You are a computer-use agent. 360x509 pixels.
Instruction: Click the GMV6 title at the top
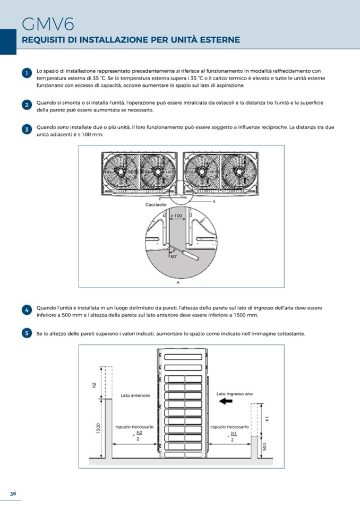click(48, 24)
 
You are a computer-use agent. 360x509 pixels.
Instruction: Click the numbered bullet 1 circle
click(27, 73)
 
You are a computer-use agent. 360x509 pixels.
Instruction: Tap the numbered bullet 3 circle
click(27, 130)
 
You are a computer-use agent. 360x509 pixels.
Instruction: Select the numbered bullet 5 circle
click(27, 333)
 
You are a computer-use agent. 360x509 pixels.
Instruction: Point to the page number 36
click(13, 494)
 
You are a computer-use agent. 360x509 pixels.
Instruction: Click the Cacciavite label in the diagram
click(156, 205)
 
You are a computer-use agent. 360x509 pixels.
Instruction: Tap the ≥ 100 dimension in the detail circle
click(177, 215)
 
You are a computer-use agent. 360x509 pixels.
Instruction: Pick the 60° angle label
click(174, 256)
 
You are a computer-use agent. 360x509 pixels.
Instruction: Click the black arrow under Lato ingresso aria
click(226, 401)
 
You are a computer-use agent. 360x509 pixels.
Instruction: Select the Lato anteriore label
click(135, 395)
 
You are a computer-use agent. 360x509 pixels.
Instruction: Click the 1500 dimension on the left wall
click(98, 428)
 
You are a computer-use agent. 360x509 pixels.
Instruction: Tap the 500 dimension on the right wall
click(264, 447)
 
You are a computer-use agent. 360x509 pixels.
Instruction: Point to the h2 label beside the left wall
click(94, 385)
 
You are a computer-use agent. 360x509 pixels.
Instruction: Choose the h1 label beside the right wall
click(267, 419)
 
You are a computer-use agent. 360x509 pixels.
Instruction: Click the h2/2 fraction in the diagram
click(139, 436)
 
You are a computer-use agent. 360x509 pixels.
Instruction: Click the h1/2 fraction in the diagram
click(234, 436)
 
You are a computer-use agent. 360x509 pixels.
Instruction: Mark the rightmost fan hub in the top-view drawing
click(239, 170)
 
